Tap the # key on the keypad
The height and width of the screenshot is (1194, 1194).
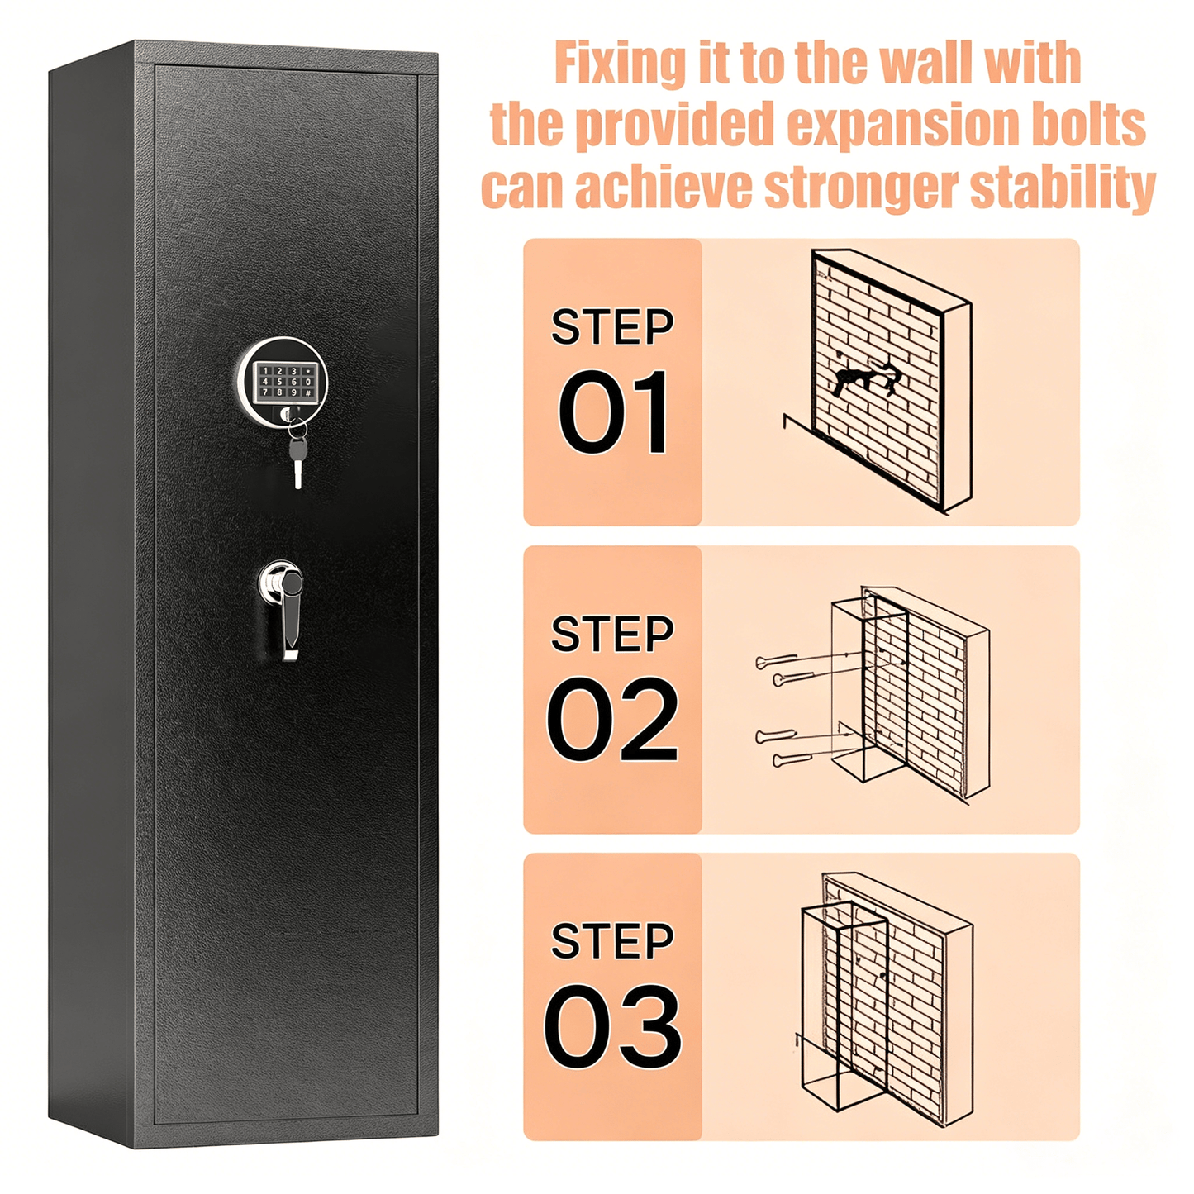pos(307,392)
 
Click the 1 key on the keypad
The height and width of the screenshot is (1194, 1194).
pos(266,370)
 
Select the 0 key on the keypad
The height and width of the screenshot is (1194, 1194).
pos(307,382)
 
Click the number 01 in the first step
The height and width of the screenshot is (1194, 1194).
pos(613,412)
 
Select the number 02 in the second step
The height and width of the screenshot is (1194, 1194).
pos(612,719)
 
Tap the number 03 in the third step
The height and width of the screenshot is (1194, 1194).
pos(613,1026)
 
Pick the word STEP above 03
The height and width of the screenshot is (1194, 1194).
pos(612,940)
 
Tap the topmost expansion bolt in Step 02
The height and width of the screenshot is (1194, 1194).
pos(777,661)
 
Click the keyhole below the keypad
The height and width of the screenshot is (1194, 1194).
pos(286,414)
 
